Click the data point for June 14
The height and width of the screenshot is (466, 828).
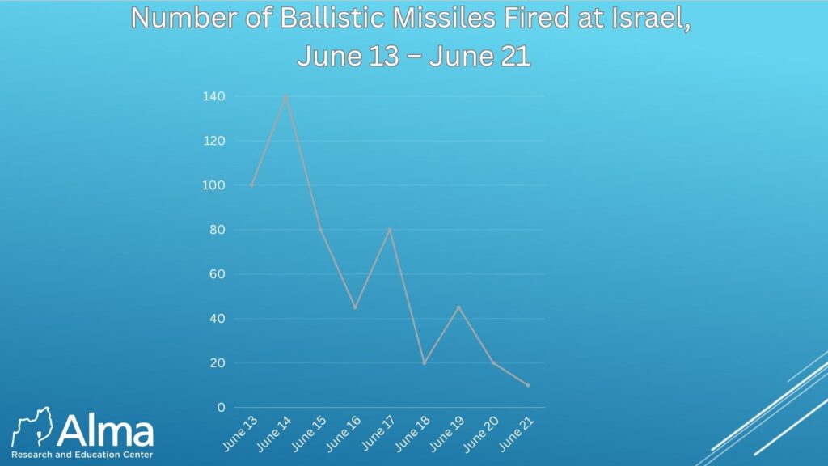[286, 96]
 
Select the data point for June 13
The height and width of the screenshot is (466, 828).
[252, 185]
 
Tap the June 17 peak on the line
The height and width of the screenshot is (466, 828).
[390, 229]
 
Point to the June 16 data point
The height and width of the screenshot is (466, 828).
[356, 307]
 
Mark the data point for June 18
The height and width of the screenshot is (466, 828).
[424, 363]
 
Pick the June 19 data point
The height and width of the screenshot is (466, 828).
[459, 307]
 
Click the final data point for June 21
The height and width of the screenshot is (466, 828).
[527, 385]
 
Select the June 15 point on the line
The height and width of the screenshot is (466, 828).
[320, 229]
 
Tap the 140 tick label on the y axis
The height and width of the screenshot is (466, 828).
[213, 96]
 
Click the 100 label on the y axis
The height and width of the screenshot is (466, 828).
[213, 185]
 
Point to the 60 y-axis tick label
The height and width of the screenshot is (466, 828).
[218, 273]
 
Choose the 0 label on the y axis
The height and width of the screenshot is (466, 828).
[222, 408]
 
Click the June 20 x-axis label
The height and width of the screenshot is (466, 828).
[480, 434]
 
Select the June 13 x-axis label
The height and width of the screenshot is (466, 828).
[239, 434]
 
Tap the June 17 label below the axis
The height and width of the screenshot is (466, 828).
[378, 434]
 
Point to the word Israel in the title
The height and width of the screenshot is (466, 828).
[650, 19]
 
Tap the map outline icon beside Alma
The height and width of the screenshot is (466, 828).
[32, 426]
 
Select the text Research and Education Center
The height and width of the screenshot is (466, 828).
[82, 455]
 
